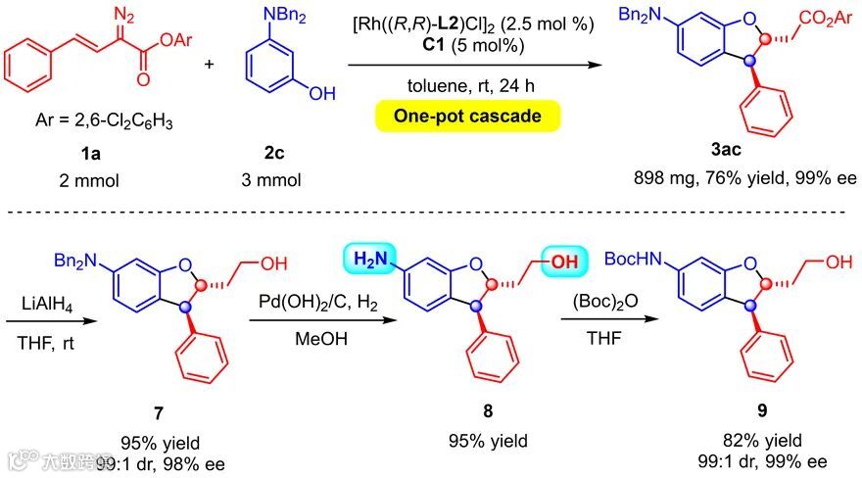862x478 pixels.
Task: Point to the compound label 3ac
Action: coord(729,155)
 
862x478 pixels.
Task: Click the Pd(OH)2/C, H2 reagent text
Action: coord(307,302)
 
